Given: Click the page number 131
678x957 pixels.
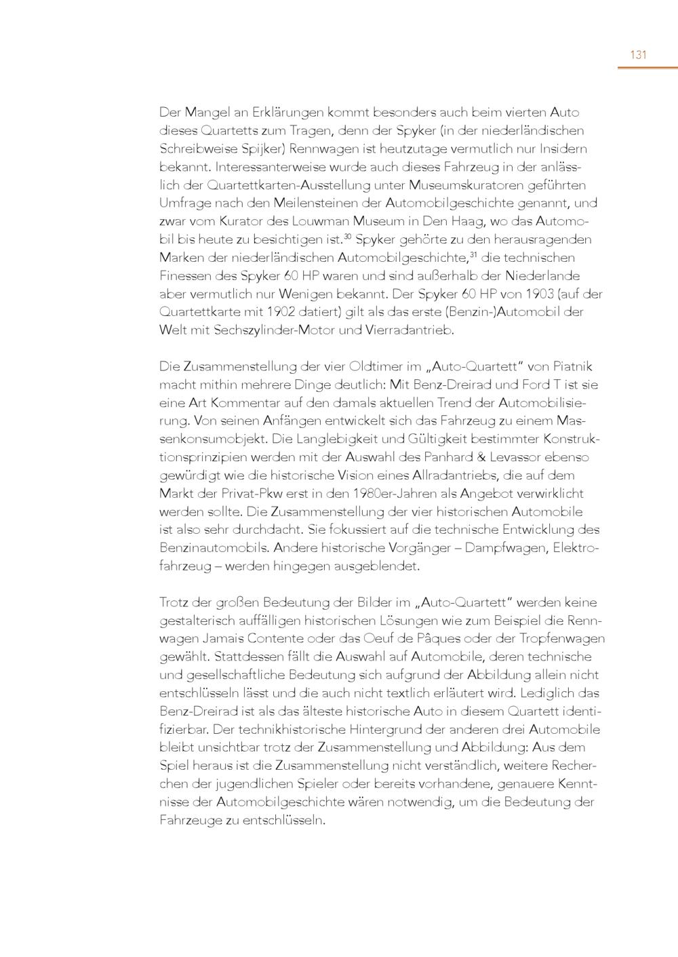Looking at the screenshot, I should [x=638, y=55].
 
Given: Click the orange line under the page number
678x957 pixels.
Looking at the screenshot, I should [x=647, y=68].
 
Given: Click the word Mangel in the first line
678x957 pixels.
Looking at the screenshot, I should [x=207, y=113].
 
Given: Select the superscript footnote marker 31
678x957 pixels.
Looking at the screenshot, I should [x=473, y=254].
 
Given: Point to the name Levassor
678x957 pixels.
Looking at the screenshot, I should [x=534, y=457].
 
